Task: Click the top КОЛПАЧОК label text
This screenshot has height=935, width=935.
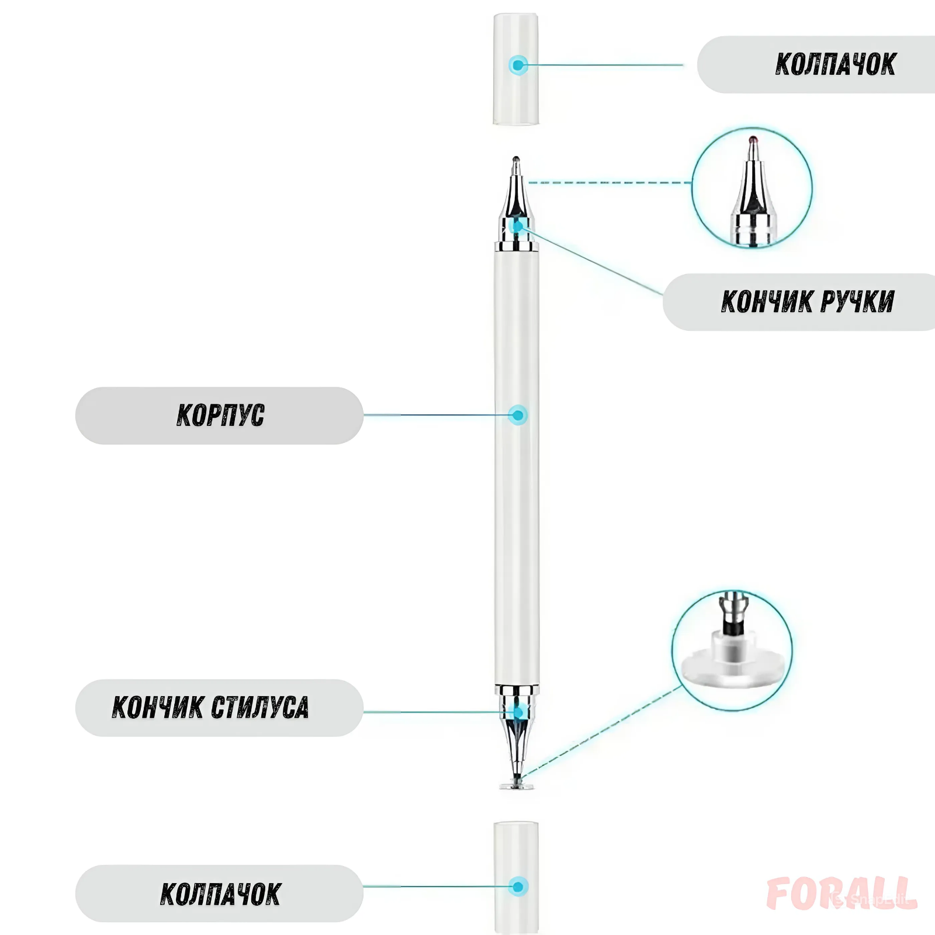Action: pyautogui.click(x=835, y=64)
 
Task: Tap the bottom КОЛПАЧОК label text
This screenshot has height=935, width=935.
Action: pyautogui.click(x=220, y=894)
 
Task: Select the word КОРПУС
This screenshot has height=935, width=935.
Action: pyautogui.click(x=220, y=415)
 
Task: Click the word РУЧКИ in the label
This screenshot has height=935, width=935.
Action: pyautogui.click(x=857, y=302)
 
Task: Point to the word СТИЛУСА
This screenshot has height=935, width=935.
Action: pyautogui.click(x=259, y=707)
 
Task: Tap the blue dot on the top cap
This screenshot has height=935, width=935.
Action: pyautogui.click(x=518, y=65)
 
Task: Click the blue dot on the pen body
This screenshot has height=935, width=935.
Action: pyautogui.click(x=518, y=415)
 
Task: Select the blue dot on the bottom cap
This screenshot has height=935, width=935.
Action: pyautogui.click(x=518, y=886)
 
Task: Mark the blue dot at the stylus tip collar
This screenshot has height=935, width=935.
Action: pyautogui.click(x=518, y=712)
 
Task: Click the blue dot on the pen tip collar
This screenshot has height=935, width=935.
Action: pyautogui.click(x=518, y=226)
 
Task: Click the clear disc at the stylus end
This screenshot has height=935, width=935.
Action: pyautogui.click(x=517, y=785)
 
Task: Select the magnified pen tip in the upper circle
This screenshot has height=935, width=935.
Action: pyautogui.click(x=753, y=187)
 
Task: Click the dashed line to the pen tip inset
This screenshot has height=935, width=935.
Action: pyautogui.click(x=608, y=183)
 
